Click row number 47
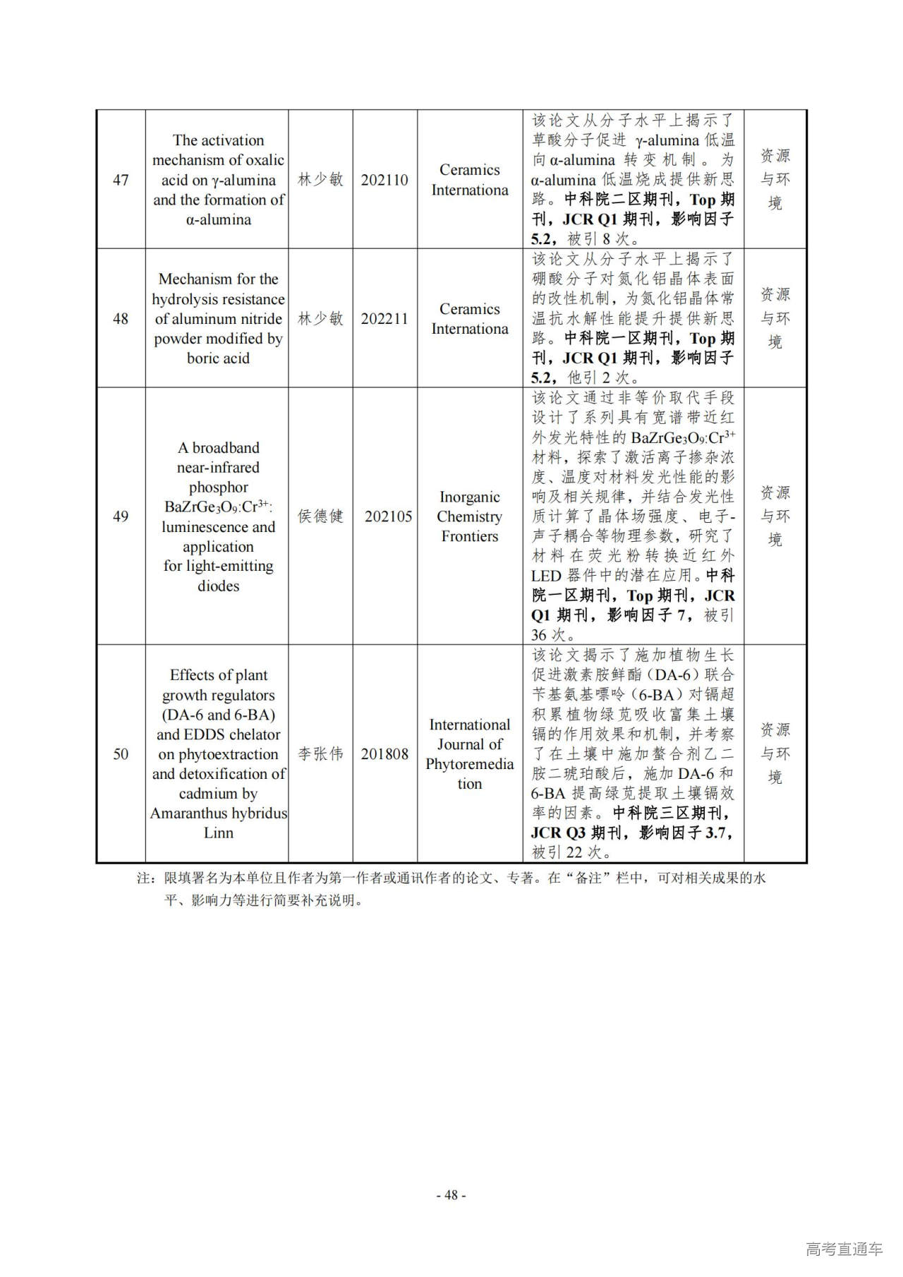point(121,180)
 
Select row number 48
point(121,319)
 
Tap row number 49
point(121,516)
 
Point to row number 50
point(121,754)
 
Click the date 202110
point(384,180)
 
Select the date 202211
point(384,319)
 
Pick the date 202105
point(388,516)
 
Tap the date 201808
point(384,754)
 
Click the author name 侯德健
point(320,516)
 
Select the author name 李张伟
point(320,754)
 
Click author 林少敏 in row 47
point(320,180)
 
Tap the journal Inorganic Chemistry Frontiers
point(469,516)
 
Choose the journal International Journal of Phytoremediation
point(469,754)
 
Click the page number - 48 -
point(451,1194)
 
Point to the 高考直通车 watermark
point(844,1249)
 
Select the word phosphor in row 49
point(218,488)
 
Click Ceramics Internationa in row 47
point(469,180)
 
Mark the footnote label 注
point(144,878)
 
